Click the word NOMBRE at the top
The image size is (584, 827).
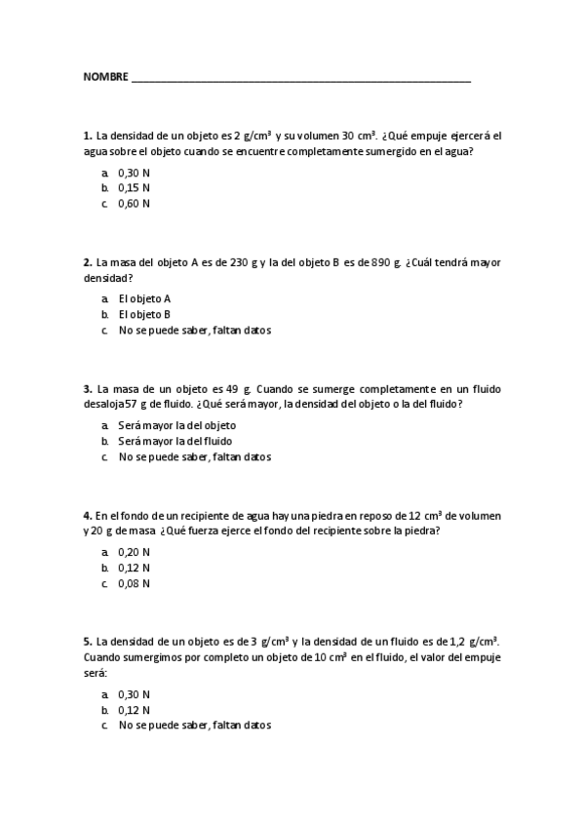pos(105,76)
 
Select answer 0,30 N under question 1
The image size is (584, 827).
pos(134,173)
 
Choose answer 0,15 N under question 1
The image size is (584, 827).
pos(134,188)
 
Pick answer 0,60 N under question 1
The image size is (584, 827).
pos(134,204)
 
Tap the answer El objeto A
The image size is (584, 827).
pos(144,298)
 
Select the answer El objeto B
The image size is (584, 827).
pos(144,314)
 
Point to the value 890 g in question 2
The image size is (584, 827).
pos(386,262)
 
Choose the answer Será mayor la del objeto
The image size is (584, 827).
pos(176,425)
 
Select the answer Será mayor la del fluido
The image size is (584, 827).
pos(175,441)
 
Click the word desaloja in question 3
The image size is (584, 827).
pos(103,404)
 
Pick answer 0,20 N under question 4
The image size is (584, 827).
pos(134,552)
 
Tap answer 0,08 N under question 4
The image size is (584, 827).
pos(134,583)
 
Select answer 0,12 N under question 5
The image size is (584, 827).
pos(134,710)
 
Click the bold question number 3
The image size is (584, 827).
pos(88,388)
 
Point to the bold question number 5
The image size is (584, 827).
pos(88,642)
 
